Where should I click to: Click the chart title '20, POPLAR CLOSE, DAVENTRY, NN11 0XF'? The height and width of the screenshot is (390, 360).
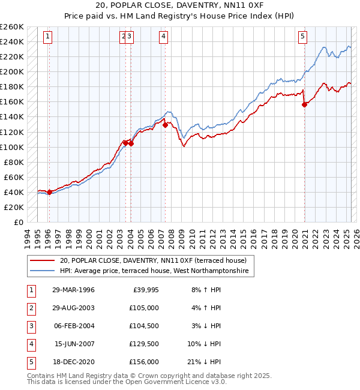179,4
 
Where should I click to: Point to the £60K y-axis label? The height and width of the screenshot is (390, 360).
14,177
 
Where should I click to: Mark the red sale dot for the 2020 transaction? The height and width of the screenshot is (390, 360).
304,104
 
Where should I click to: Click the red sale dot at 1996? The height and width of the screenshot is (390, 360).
49,192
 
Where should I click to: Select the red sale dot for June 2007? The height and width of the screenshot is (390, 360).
165,125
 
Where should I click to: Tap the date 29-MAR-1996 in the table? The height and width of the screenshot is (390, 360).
73,290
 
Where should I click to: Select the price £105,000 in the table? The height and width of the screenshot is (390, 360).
144,308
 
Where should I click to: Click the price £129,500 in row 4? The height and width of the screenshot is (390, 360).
144,344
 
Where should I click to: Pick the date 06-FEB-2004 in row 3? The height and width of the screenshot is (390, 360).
73,326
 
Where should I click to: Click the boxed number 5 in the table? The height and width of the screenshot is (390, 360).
30,362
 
